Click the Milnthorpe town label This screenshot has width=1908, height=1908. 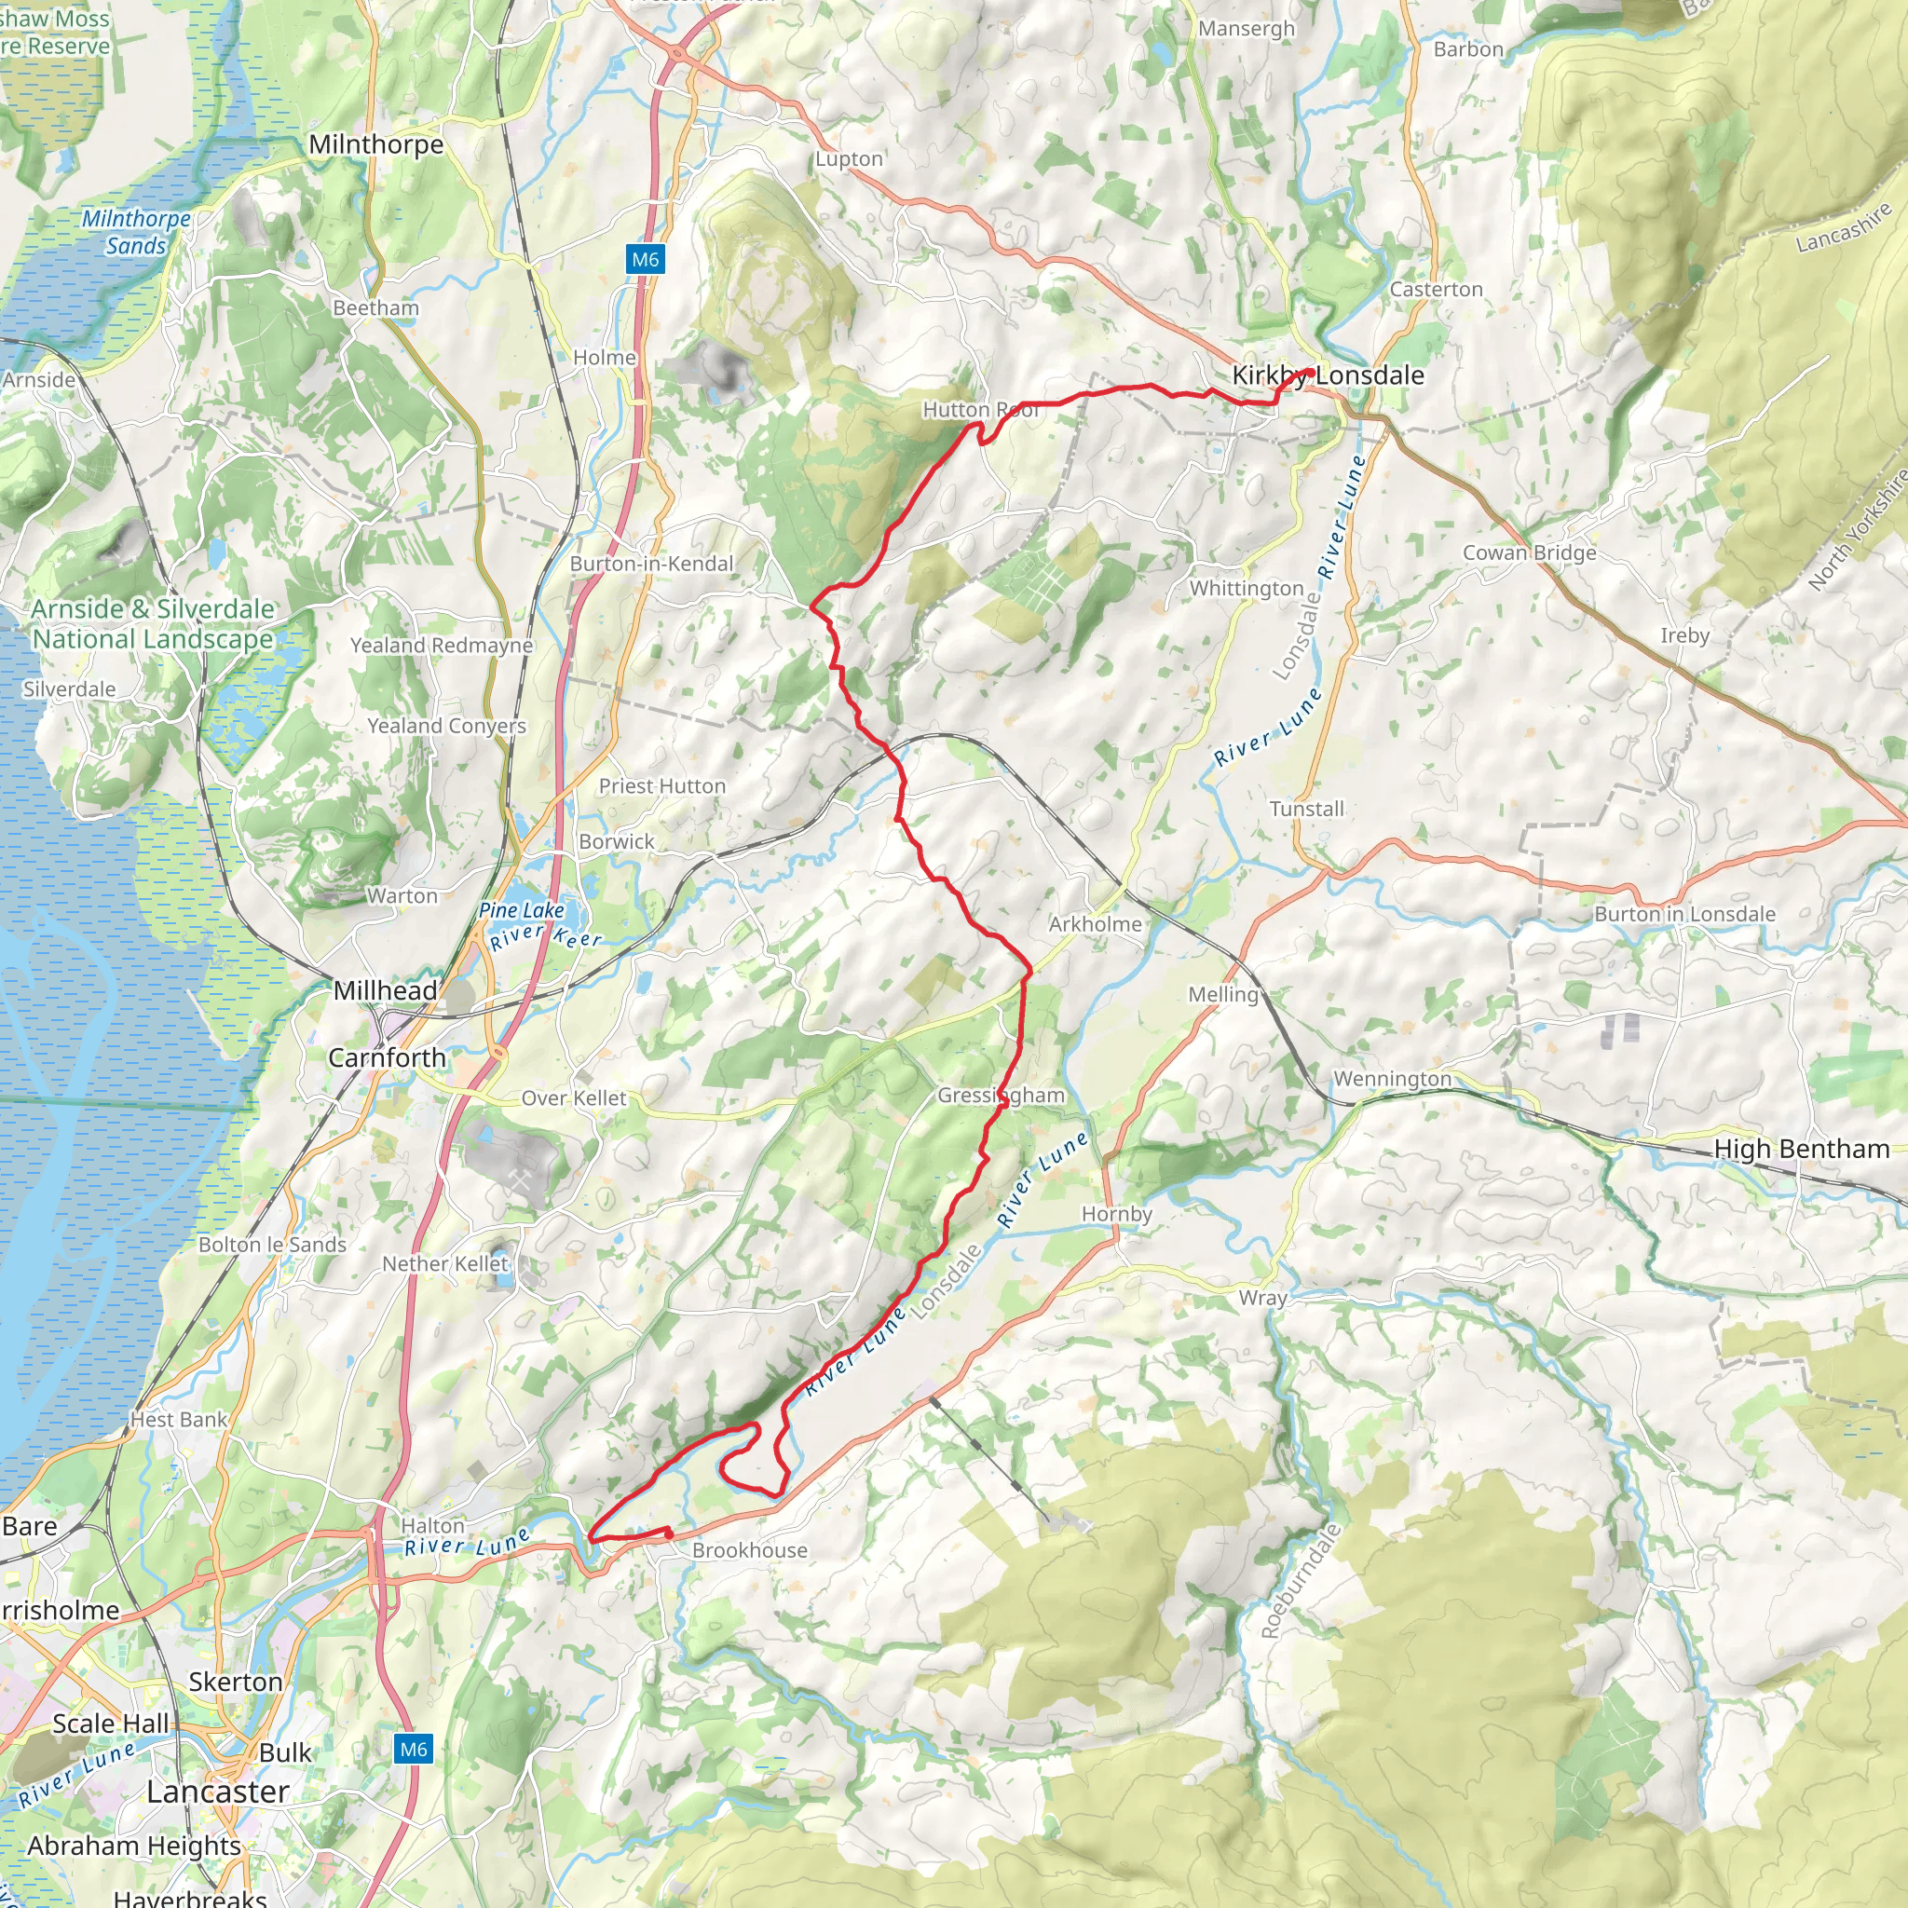(375, 144)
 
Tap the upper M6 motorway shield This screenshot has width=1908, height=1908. (645, 260)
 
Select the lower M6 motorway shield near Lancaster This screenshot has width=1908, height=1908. (413, 1749)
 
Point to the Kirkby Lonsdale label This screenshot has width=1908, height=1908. (1328, 375)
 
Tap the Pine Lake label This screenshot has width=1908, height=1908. (522, 909)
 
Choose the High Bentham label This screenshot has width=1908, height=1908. (1802, 1149)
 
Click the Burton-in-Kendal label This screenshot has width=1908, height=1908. (652, 563)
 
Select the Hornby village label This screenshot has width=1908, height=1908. (1116, 1214)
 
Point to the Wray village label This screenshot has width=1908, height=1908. (1262, 1298)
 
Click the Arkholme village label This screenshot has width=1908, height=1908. (1095, 923)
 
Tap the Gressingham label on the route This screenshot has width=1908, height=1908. (1001, 1096)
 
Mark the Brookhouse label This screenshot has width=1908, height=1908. (750, 1549)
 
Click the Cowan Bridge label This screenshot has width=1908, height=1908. (1529, 552)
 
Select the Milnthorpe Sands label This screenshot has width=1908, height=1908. (136, 232)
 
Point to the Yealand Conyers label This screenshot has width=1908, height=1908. (446, 726)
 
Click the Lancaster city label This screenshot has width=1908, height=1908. (217, 1791)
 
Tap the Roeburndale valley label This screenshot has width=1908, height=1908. (1300, 1580)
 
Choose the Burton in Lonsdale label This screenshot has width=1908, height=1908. (1683, 914)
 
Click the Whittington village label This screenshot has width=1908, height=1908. (1247, 589)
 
